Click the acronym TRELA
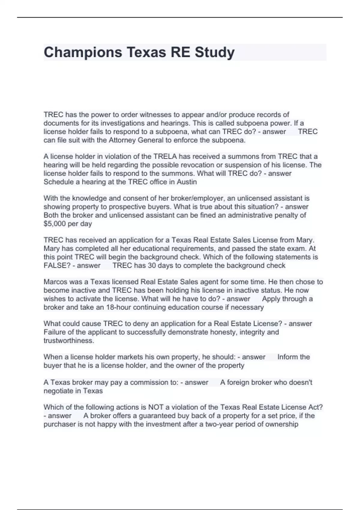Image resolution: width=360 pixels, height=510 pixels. tap(165, 156)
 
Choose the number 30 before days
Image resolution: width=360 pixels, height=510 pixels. tap(152, 265)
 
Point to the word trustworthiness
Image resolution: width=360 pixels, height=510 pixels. tap(69, 340)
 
